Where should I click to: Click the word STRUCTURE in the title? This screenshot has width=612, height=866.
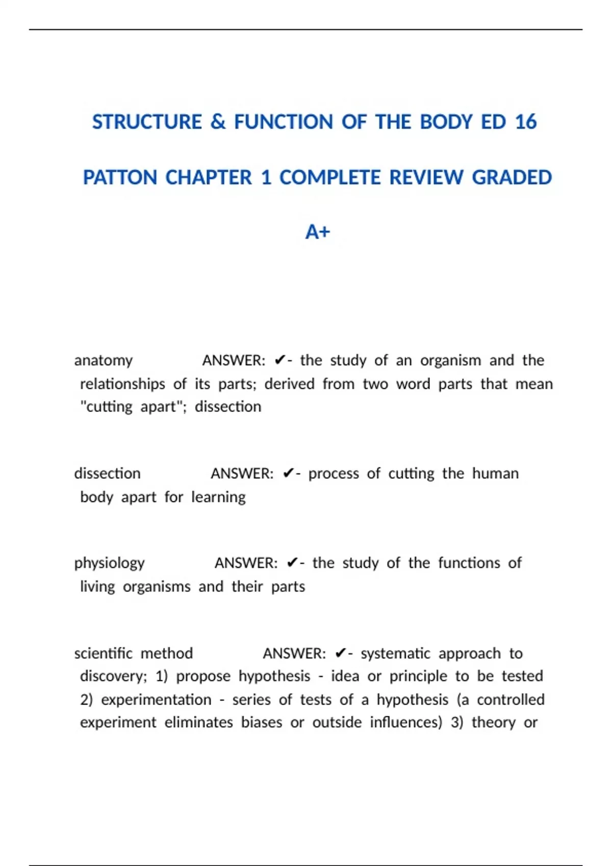click(x=147, y=122)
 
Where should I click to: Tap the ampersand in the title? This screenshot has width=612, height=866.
click(x=218, y=122)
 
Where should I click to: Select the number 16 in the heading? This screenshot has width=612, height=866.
click(x=526, y=122)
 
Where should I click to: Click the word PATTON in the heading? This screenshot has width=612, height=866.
click(x=120, y=178)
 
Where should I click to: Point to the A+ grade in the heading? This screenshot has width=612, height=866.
click(x=317, y=232)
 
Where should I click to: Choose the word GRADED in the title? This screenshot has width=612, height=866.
click(x=512, y=178)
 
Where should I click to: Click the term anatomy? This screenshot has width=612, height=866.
click(x=104, y=361)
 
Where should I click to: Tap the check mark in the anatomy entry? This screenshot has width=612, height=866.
click(x=279, y=361)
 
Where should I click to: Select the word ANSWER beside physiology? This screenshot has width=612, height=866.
click(x=246, y=563)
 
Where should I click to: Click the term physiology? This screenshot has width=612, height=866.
click(x=110, y=563)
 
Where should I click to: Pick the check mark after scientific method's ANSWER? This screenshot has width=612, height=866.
click(x=341, y=654)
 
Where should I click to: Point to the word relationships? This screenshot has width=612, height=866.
click(x=122, y=384)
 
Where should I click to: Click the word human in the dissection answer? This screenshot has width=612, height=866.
click(x=495, y=474)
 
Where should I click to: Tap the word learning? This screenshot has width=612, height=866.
click(x=218, y=497)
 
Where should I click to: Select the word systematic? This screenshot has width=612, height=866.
click(x=395, y=654)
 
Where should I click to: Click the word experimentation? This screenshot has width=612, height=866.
click(x=156, y=700)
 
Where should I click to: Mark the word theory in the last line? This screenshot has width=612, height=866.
click(x=493, y=723)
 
